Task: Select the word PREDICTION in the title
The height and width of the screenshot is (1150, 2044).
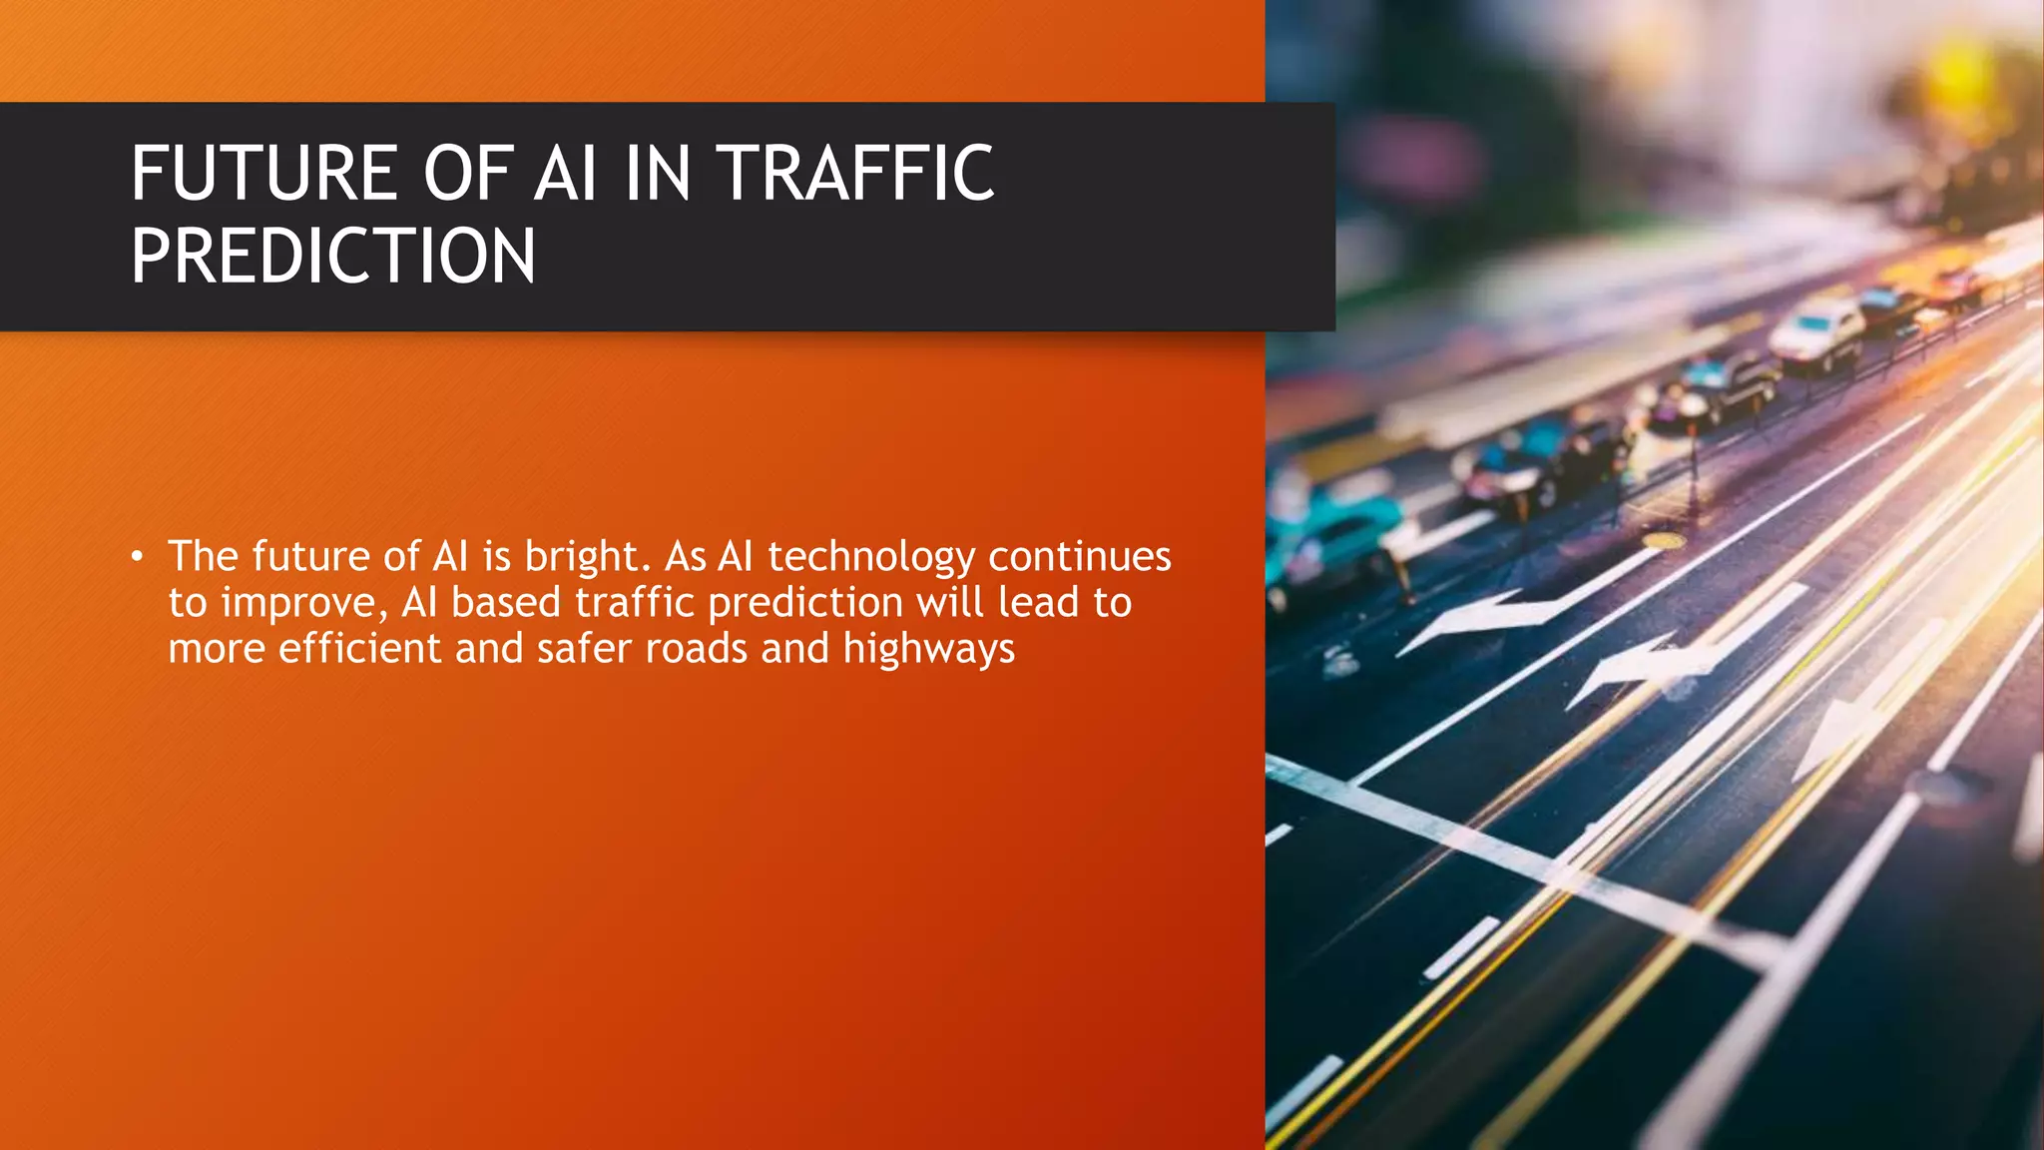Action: tap(333, 257)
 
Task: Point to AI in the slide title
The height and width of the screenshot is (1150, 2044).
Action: tap(566, 174)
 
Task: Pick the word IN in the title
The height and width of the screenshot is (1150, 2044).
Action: tap(658, 174)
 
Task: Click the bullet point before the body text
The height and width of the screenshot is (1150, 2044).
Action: tap(138, 556)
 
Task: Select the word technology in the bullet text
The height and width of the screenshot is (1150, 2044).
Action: tap(871, 557)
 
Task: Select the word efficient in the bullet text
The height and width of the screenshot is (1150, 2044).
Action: tap(359, 648)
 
